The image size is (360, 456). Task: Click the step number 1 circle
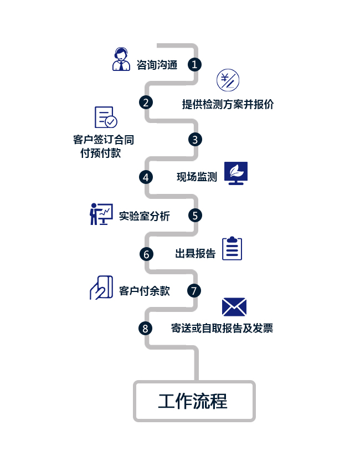(194, 64)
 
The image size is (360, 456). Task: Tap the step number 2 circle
(146, 102)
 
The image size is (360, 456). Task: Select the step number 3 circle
(194, 139)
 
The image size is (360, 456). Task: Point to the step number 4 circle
(146, 177)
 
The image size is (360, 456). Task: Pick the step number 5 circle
(194, 215)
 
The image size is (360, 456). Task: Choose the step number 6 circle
(146, 253)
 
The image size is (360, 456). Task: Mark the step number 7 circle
(194, 290)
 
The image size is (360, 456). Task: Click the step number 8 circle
(145, 328)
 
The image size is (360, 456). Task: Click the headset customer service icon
(121, 59)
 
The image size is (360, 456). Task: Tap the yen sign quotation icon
(228, 81)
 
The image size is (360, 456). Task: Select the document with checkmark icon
(105, 117)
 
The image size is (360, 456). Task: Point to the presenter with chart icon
(101, 214)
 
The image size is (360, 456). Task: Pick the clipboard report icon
(232, 248)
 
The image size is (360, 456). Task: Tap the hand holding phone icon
(101, 288)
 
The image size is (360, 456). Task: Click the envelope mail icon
(234, 307)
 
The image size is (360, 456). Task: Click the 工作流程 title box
(194, 401)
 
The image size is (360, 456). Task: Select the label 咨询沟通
(157, 65)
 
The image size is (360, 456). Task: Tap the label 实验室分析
(144, 216)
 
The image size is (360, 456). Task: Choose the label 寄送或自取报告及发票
(222, 328)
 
